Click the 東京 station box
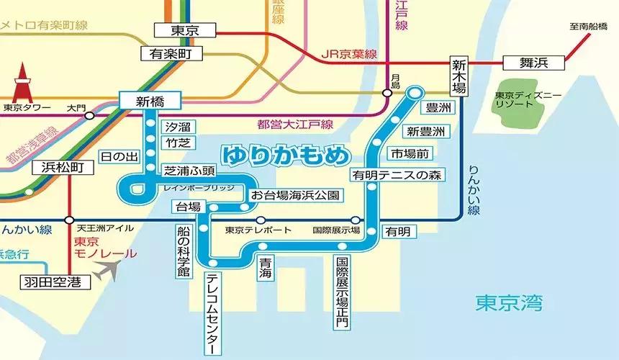click(x=186, y=30)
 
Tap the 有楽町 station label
click(x=171, y=53)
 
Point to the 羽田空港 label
click(x=55, y=282)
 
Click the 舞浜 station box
click(x=533, y=63)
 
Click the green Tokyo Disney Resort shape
click(x=515, y=100)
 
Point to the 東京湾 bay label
click(x=509, y=303)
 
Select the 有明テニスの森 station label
click(x=396, y=174)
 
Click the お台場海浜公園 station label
click(x=294, y=195)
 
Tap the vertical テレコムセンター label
click(x=212, y=313)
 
